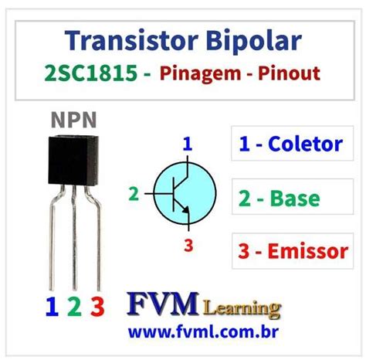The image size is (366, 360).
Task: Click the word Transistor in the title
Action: pyautogui.click(x=131, y=41)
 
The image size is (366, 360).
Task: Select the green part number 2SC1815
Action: pyautogui.click(x=91, y=73)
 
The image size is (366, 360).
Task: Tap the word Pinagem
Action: pyautogui.click(x=201, y=74)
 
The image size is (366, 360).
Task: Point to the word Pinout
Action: pyautogui.click(x=289, y=73)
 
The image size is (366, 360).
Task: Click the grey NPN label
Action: pyautogui.click(x=74, y=120)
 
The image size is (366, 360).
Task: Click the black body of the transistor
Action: pyautogui.click(x=73, y=160)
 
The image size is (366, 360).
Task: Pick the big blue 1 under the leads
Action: pyautogui.click(x=52, y=306)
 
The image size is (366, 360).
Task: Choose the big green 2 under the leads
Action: pyautogui.click(x=75, y=306)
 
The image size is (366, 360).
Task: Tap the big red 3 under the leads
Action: pyautogui.click(x=97, y=306)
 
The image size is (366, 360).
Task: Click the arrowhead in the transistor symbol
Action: pyautogui.click(x=186, y=209)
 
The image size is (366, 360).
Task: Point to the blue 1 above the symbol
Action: pyautogui.click(x=188, y=144)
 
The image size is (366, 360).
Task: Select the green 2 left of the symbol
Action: pyautogui.click(x=134, y=194)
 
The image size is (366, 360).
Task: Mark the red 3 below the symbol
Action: pyautogui.click(x=188, y=245)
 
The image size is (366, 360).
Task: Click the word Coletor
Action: pyautogui.click(x=306, y=144)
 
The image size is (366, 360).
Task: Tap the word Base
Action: pyautogui.click(x=295, y=198)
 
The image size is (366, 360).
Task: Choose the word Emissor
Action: pyautogui.click(x=308, y=251)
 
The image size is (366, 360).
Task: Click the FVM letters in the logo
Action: pyautogui.click(x=163, y=304)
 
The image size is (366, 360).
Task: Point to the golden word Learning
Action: pyautogui.click(x=242, y=309)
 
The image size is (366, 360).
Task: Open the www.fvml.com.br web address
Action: pyautogui.click(x=203, y=332)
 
